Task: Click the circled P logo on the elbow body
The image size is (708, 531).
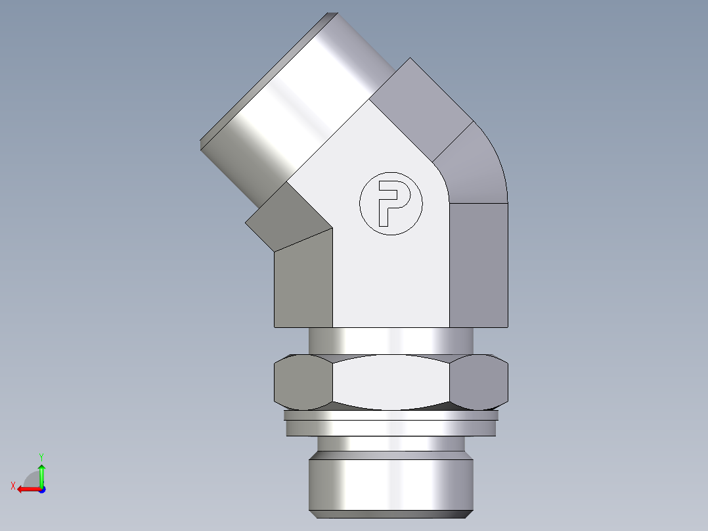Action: pyautogui.click(x=391, y=204)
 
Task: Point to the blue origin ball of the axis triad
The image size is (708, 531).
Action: pyautogui.click(x=41, y=489)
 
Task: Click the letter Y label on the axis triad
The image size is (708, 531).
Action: pyautogui.click(x=41, y=455)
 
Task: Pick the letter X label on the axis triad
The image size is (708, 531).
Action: pyautogui.click(x=12, y=486)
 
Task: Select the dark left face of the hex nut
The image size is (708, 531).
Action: pyautogui.click(x=302, y=381)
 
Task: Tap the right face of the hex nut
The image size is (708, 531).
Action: pyautogui.click(x=481, y=381)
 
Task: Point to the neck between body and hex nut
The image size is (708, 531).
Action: pyautogui.click(x=391, y=340)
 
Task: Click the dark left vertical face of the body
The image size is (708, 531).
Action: pyautogui.click(x=303, y=283)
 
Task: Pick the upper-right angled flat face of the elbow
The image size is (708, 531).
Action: pyautogui.click(x=420, y=105)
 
